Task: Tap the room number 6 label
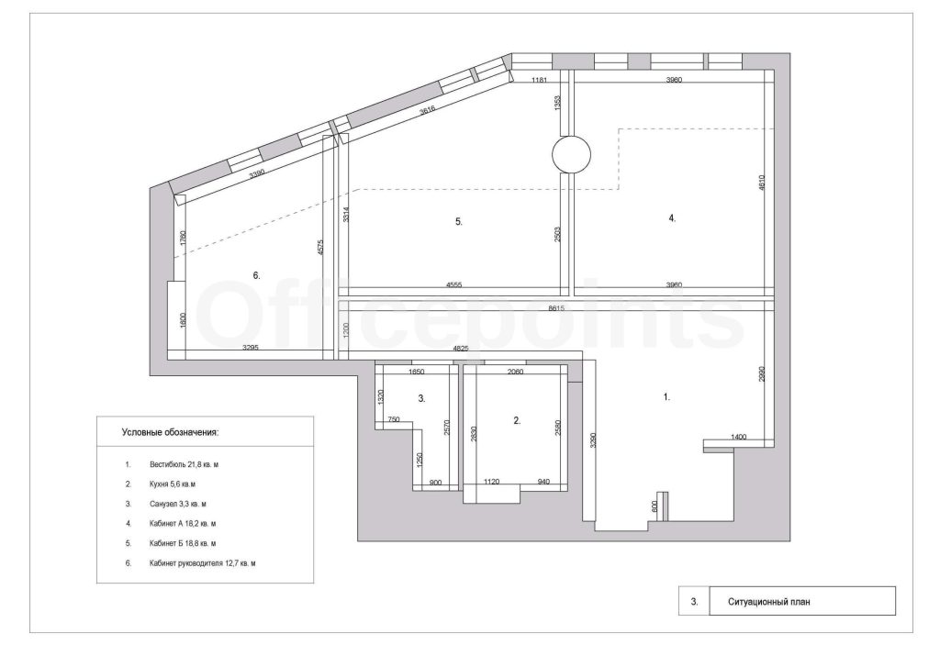coord(257,276)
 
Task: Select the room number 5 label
coord(459,222)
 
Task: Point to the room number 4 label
coord(672,218)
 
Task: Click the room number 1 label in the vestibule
coord(666,397)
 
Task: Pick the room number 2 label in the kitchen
coord(517,421)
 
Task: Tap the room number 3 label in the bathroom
coord(421,398)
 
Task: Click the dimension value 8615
coord(557,308)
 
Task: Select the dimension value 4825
coord(461,349)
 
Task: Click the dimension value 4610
coord(762,183)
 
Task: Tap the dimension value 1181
coord(539,80)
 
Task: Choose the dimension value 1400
coord(739,437)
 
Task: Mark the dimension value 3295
coord(250,347)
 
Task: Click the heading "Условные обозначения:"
coord(170,431)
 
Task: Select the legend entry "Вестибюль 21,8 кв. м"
coord(184,464)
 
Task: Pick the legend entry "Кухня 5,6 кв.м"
coord(173,484)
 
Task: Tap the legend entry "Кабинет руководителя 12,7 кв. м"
coord(203,563)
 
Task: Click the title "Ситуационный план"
coord(769,601)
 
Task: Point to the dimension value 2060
coord(515,372)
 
